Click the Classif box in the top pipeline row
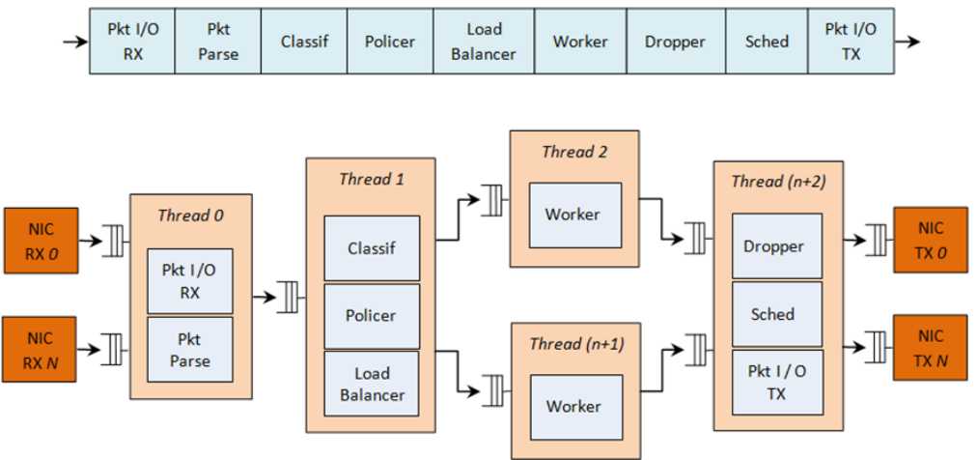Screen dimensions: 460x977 (304, 42)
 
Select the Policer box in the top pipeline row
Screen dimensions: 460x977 (390, 42)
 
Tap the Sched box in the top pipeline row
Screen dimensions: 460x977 (767, 42)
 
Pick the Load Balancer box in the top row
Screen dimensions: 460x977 (483, 42)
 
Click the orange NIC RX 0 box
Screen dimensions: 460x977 (40, 240)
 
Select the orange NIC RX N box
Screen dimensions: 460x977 (40, 348)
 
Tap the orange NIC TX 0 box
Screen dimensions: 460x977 (931, 240)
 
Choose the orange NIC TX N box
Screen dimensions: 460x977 (931, 347)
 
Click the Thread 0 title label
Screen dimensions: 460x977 (190, 216)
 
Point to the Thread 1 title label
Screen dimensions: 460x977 (365, 179)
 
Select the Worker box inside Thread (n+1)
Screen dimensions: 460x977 (573, 406)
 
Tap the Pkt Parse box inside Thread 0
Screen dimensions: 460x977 (189, 350)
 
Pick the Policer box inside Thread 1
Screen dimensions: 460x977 (372, 316)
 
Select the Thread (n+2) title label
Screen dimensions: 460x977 (777, 181)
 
